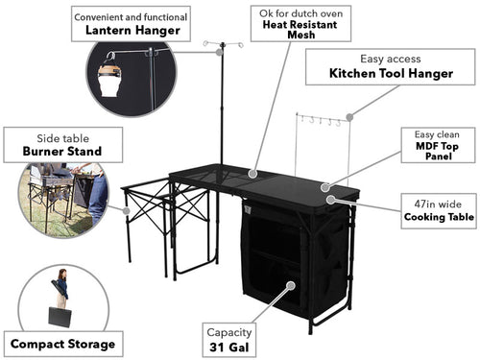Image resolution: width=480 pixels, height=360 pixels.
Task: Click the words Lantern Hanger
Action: point(132,31)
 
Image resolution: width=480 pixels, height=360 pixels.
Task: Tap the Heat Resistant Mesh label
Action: point(300,30)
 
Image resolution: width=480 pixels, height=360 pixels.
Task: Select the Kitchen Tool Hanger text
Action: point(391,73)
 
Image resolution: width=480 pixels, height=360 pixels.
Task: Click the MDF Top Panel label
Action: point(437,151)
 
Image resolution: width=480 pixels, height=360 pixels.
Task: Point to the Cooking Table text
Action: point(439,217)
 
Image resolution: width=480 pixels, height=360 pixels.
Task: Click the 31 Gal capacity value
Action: point(229,347)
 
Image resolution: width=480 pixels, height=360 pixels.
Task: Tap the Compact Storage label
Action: point(62,344)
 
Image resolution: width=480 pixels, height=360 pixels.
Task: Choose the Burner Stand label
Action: point(62,151)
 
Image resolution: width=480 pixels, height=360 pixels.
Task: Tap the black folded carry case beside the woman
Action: point(60,317)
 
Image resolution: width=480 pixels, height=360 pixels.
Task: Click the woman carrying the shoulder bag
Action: point(61,288)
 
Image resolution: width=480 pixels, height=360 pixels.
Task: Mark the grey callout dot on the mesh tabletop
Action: point(252,174)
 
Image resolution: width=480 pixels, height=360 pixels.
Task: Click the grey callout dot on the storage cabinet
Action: point(291,285)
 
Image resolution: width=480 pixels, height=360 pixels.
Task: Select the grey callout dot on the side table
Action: point(127,210)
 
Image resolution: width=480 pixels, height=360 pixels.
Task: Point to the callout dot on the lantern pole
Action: point(219,52)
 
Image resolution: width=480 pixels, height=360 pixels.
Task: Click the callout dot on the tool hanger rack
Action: point(349,117)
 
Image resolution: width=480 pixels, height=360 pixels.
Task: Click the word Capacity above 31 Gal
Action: point(229,333)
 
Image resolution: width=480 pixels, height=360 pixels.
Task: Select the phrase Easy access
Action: point(391,59)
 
